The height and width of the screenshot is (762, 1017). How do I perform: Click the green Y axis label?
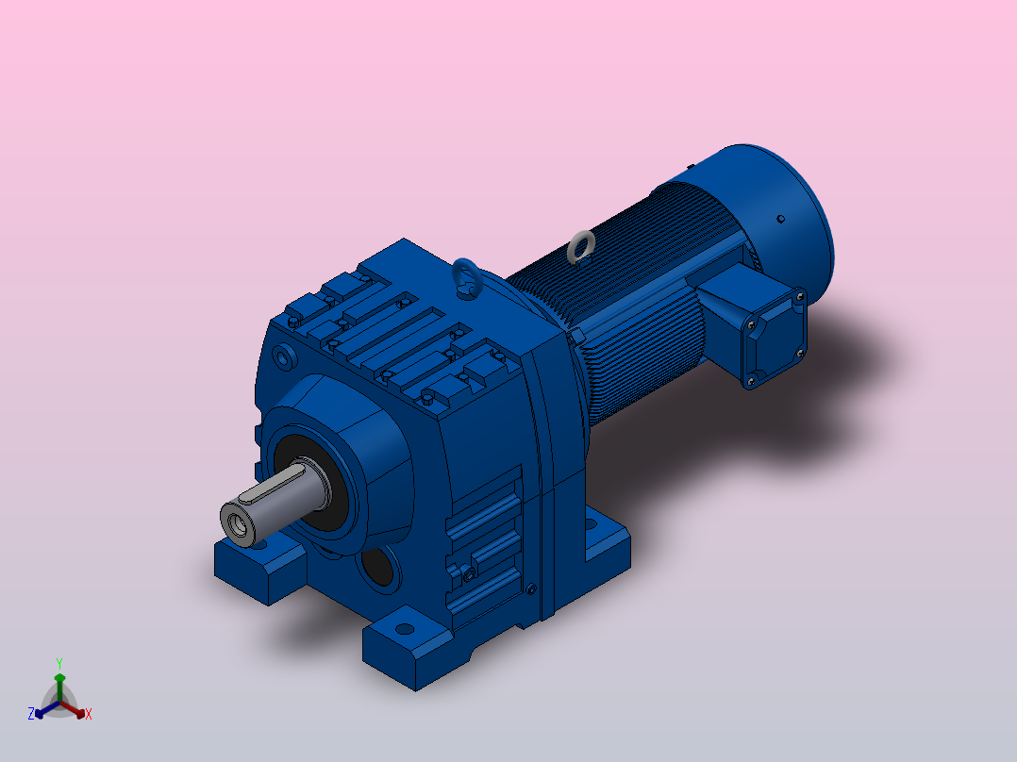59,664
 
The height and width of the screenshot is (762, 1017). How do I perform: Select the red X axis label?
89,714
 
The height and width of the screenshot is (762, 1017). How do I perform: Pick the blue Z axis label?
31,714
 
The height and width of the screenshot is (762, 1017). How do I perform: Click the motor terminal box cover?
775,338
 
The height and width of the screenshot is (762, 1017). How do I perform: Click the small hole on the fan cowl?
781,219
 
